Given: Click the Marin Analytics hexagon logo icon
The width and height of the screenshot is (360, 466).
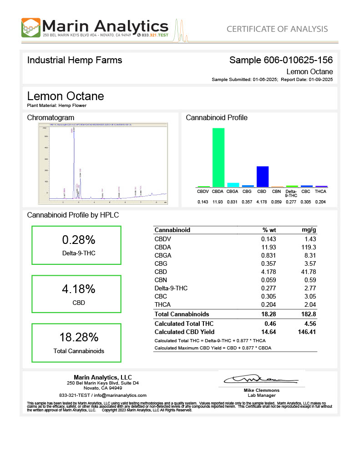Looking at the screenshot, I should click(x=30, y=28).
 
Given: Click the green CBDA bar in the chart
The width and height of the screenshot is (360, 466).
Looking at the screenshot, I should click(x=218, y=157).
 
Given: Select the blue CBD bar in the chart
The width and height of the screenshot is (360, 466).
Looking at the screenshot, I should click(x=263, y=177).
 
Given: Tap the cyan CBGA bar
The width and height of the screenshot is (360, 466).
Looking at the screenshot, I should click(x=233, y=185).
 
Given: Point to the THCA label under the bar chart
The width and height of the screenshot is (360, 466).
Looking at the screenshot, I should click(x=321, y=192).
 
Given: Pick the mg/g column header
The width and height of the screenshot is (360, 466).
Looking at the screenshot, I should click(x=309, y=230).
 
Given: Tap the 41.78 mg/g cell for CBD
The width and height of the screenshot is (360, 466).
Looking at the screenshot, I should click(x=308, y=272).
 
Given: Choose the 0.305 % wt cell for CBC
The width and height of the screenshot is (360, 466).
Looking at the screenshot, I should click(x=269, y=296).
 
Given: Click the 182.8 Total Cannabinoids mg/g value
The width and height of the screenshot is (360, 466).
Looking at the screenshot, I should click(x=309, y=314).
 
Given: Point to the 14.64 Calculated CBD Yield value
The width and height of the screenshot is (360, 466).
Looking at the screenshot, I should click(x=269, y=332).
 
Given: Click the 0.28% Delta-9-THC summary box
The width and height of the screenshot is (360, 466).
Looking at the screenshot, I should click(x=76, y=245).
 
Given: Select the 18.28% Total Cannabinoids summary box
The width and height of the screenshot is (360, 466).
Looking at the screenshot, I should click(x=76, y=342).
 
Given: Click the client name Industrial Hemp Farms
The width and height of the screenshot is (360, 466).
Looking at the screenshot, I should click(x=75, y=60).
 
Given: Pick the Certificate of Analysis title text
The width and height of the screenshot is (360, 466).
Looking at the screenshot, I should click(x=277, y=29).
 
